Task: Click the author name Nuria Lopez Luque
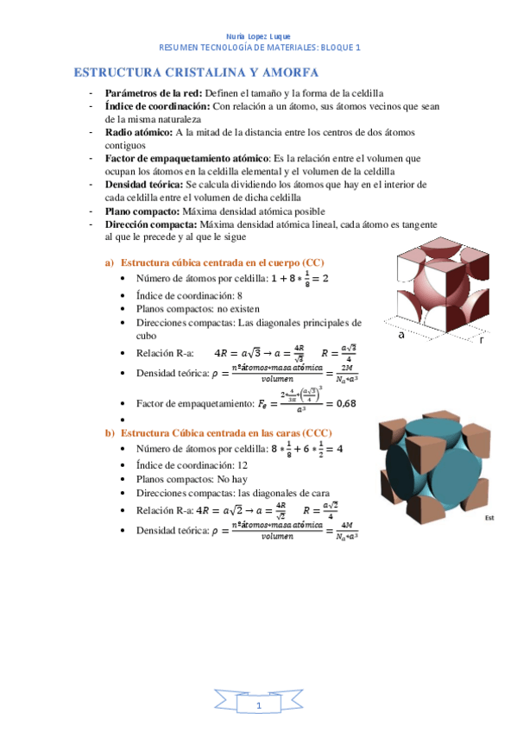[257, 36]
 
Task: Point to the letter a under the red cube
[401, 336]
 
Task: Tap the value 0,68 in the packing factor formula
[345, 402]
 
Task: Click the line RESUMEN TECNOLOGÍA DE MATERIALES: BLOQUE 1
[258, 48]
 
